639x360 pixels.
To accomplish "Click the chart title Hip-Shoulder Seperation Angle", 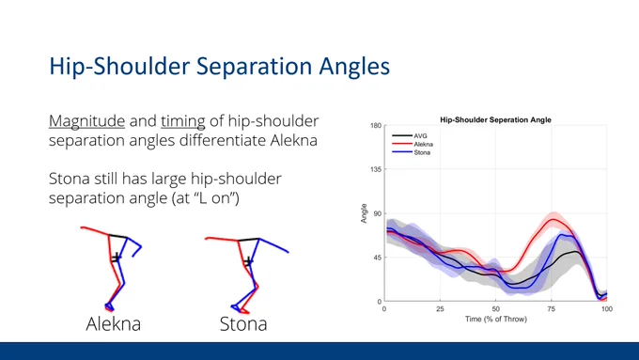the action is (495, 120).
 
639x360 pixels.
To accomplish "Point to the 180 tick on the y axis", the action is (376, 126).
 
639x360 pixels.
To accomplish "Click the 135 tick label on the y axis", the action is (376, 169).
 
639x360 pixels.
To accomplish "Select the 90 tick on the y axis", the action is (378, 213).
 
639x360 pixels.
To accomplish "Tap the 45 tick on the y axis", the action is (378, 258).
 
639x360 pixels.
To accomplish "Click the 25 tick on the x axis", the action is (440, 309).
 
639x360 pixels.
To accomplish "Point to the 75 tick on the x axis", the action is (552, 309).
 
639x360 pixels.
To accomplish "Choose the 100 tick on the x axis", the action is (607, 309).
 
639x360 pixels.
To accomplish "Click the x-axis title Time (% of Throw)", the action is (496, 320).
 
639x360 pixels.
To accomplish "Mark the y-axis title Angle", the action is (364, 213).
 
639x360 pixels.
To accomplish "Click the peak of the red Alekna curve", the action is (553, 219).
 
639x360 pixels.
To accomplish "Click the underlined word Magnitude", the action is (86, 121).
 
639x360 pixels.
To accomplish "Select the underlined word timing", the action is (183, 121).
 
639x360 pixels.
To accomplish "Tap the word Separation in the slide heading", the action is (252, 66).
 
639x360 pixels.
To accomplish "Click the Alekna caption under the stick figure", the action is (114, 324).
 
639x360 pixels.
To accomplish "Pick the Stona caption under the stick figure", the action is (243, 324).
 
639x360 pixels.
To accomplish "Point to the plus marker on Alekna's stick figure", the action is (117, 258).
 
